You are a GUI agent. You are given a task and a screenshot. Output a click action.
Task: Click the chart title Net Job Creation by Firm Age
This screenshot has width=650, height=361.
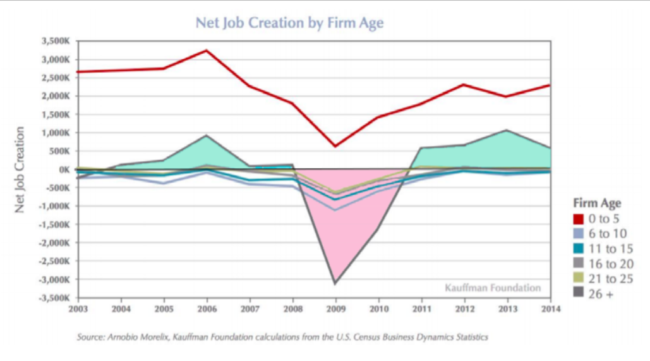(x=289, y=23)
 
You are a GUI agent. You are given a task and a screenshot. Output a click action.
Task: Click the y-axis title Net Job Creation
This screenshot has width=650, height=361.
(x=20, y=169)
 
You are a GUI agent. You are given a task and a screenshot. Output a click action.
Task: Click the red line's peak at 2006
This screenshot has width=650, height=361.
(x=207, y=50)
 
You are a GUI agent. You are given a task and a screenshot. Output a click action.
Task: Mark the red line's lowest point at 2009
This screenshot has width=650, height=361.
(x=335, y=146)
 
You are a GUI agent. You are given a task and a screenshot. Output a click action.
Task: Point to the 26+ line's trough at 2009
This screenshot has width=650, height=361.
(x=335, y=283)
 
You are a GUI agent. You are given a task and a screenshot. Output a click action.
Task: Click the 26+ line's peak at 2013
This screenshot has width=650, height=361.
(x=507, y=130)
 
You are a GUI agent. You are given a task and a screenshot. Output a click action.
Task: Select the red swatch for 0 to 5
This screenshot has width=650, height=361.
(x=578, y=219)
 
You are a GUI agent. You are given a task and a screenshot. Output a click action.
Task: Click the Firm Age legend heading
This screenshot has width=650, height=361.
(x=597, y=204)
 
